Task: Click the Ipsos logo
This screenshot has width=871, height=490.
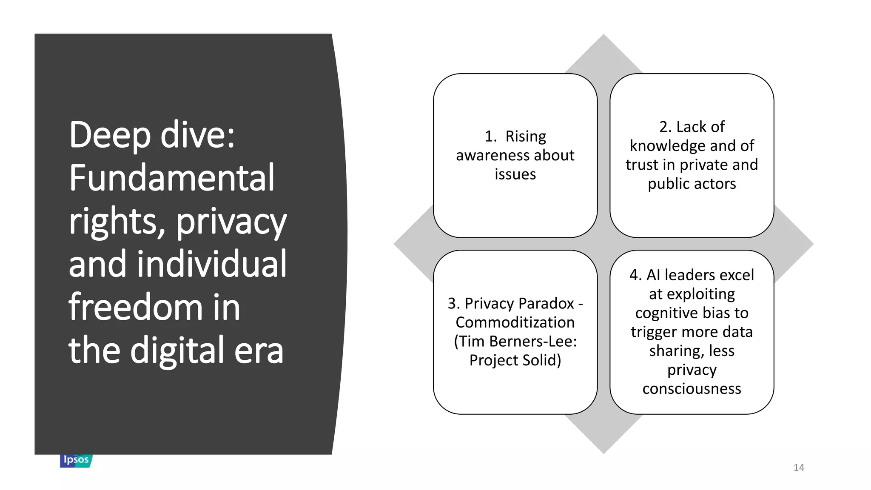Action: pyautogui.click(x=76, y=460)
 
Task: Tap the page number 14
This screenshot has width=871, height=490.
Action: pyautogui.click(x=799, y=467)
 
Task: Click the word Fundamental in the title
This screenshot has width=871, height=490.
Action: pyautogui.click(x=172, y=178)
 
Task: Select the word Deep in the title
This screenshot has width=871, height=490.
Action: pyautogui.click(x=110, y=135)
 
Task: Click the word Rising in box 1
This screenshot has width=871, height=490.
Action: pyautogui.click(x=526, y=137)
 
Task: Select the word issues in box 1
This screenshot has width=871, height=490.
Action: pyautogui.click(x=515, y=174)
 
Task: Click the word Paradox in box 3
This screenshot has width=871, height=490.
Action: pyautogui.click(x=546, y=303)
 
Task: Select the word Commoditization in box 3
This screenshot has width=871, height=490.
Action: pyautogui.click(x=515, y=322)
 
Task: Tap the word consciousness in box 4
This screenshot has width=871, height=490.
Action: pyautogui.click(x=692, y=389)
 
